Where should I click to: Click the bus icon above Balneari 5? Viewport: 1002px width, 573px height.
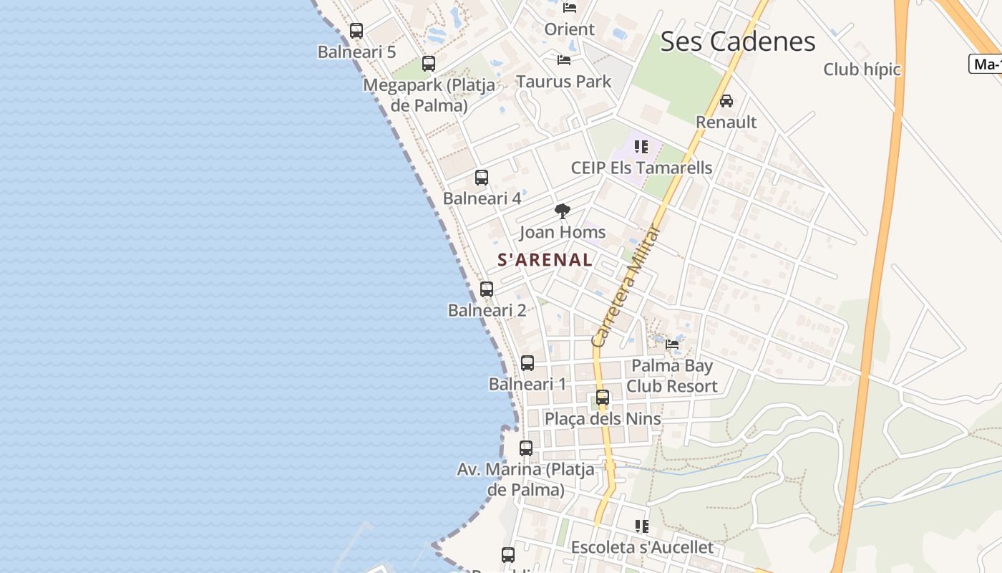[x=356, y=31]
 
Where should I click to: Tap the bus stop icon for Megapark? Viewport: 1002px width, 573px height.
[x=429, y=64]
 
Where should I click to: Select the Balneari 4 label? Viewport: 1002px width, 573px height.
[x=482, y=198]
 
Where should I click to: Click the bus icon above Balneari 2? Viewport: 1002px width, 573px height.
[x=487, y=289]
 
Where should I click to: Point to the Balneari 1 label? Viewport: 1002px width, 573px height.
[x=527, y=384]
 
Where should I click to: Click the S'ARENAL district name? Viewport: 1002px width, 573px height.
[x=545, y=260]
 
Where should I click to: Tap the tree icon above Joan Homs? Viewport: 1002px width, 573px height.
[x=563, y=211]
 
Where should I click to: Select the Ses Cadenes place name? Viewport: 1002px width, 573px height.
[x=737, y=42]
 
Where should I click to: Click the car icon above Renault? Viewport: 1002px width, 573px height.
[x=726, y=101]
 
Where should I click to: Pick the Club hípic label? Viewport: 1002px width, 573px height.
[x=862, y=69]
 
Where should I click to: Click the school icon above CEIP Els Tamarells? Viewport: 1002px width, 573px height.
[x=641, y=147]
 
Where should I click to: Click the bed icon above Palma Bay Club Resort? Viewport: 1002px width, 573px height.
[x=672, y=345]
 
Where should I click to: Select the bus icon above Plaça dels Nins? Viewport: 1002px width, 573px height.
[x=603, y=398]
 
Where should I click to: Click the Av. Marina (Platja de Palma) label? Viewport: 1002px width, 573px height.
[x=525, y=479]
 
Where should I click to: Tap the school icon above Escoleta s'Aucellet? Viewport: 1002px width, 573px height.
[x=642, y=526]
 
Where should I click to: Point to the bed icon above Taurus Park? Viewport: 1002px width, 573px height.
[x=564, y=60]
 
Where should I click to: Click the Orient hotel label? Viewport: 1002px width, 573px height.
[x=569, y=29]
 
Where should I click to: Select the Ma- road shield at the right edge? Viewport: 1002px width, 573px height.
[x=986, y=64]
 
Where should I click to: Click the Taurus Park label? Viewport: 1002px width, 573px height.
[x=564, y=82]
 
